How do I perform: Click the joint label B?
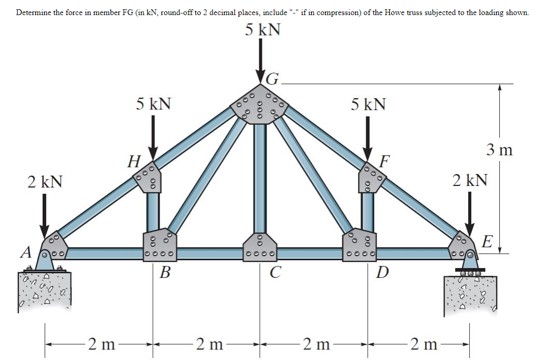(x=165, y=272)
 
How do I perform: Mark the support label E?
(x=487, y=242)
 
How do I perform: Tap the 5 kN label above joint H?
(x=154, y=103)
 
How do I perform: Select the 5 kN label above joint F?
(x=368, y=104)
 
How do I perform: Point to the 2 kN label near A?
(x=45, y=182)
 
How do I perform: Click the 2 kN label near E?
(x=470, y=180)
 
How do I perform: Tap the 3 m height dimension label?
(x=499, y=151)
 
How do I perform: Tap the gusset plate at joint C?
(x=260, y=247)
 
